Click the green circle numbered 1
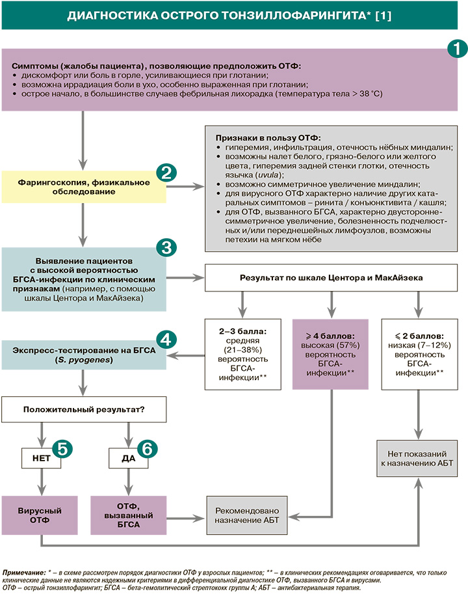tap(456, 49)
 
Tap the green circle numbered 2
tap(166, 173)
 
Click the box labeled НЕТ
tap(41, 459)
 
